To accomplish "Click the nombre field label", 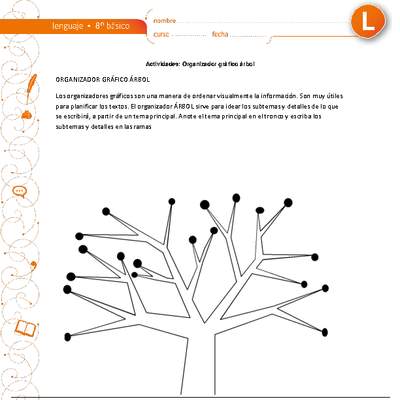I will pyautogui.click(x=165, y=20).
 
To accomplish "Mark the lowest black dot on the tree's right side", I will pyautogui.click(x=323, y=332).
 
